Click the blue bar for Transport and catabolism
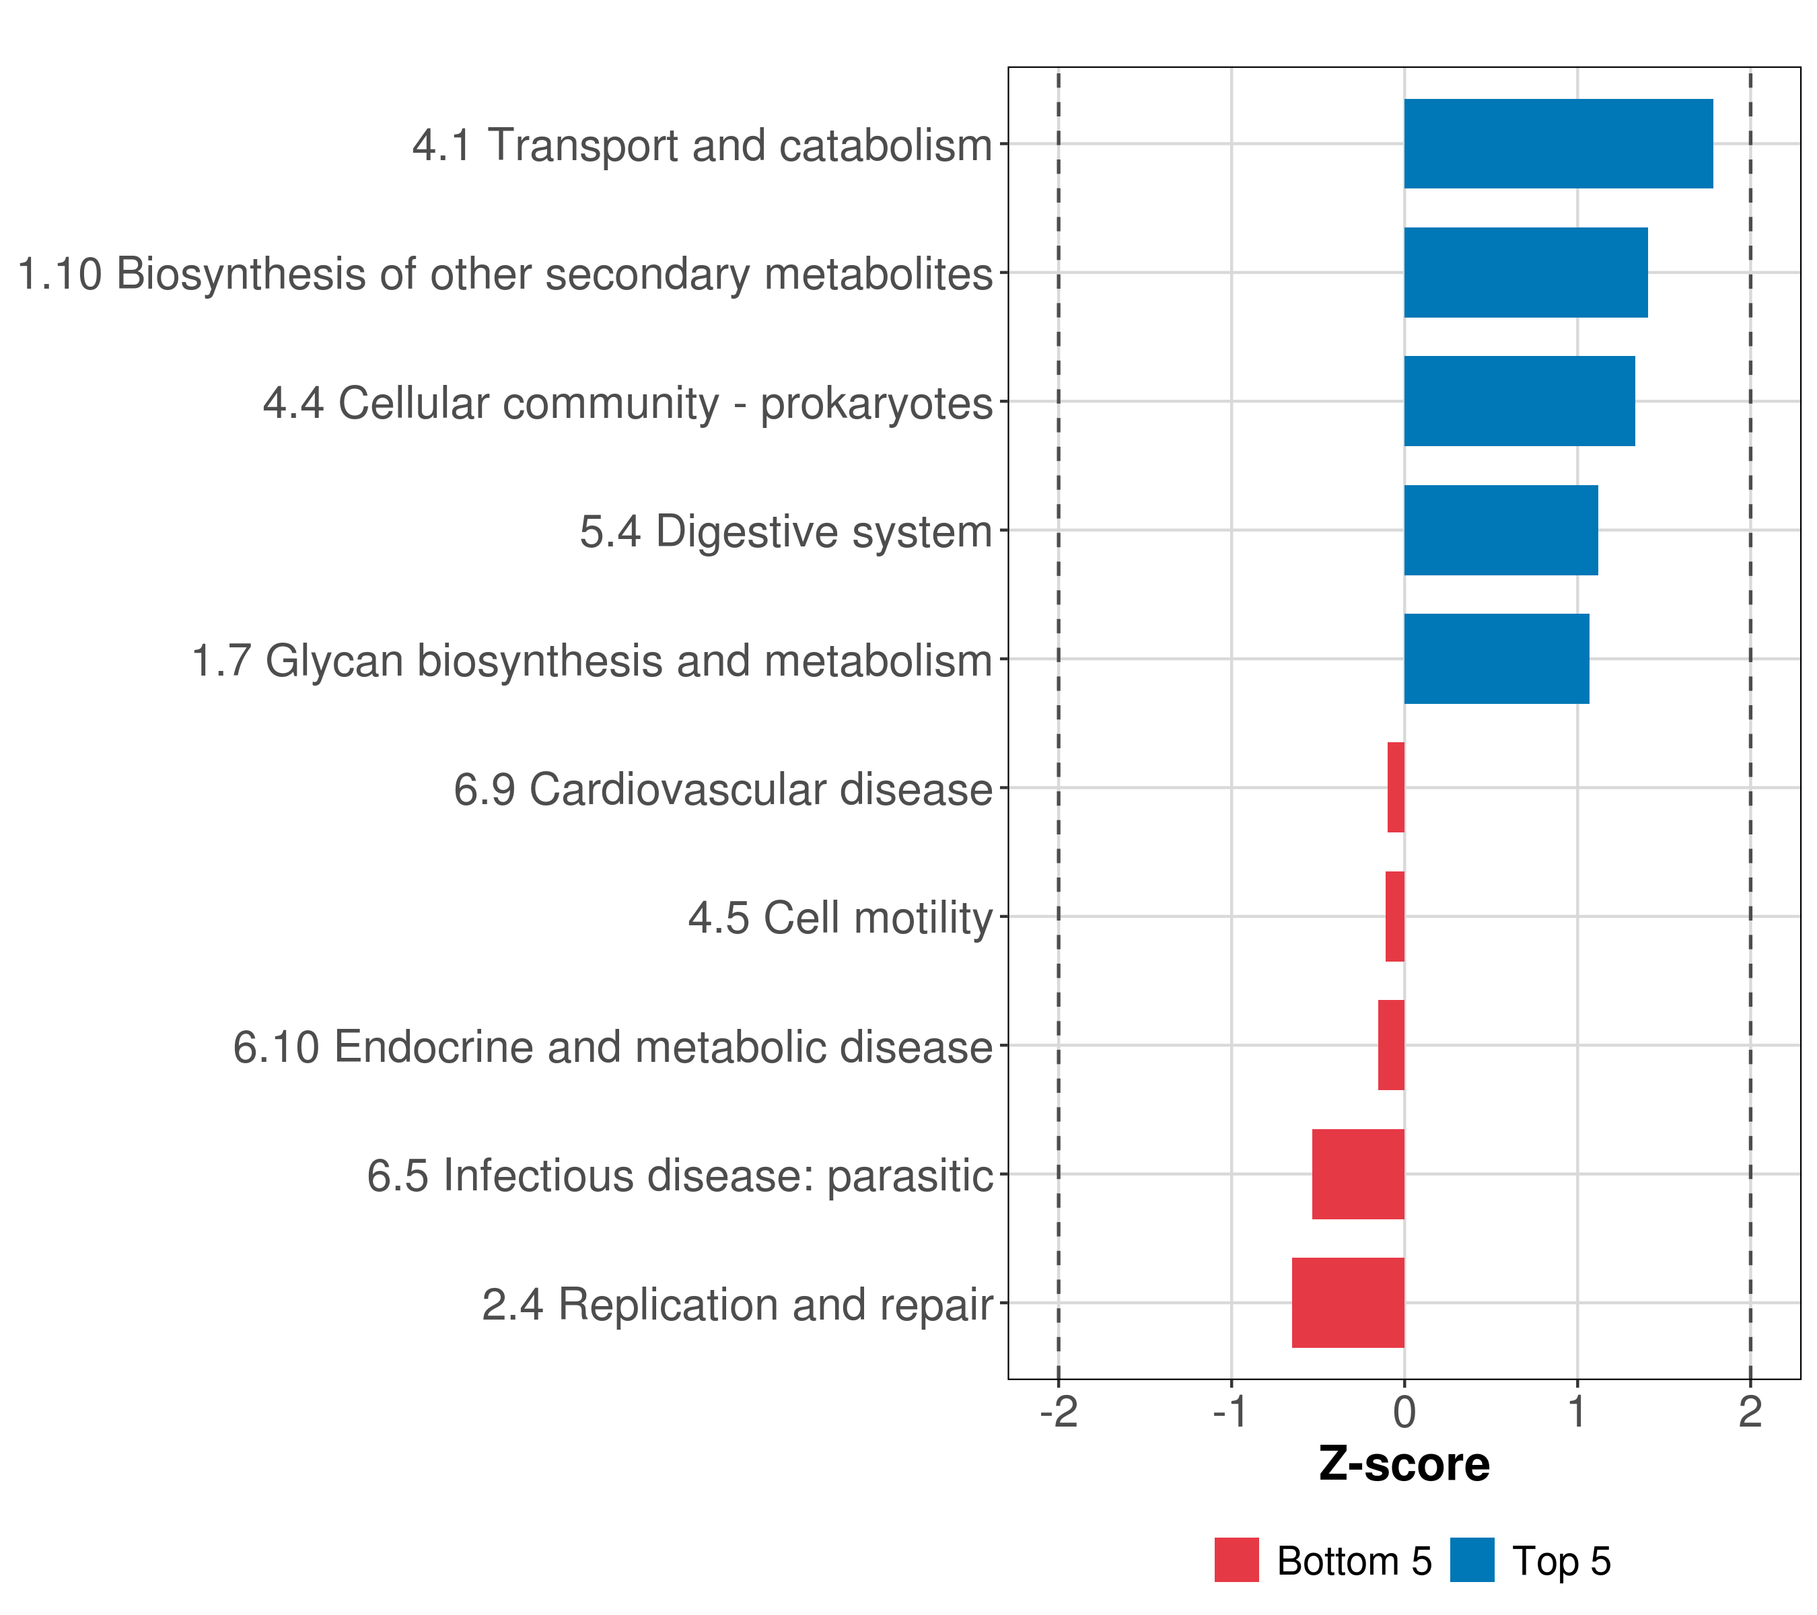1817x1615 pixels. [x=1559, y=144]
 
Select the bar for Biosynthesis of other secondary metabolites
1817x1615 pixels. [x=1526, y=273]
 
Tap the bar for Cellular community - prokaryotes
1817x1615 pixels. [x=1519, y=402]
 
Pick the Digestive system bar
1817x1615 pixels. [x=1501, y=531]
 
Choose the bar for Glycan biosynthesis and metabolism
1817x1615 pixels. [x=1496, y=659]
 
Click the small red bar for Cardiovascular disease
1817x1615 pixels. [x=1396, y=787]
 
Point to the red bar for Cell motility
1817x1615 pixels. [x=1395, y=917]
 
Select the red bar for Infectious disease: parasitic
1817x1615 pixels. [x=1358, y=1174]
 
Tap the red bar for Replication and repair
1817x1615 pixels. [x=1348, y=1303]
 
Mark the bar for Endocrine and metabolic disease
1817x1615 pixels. [x=1391, y=1045]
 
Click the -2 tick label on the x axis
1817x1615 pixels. [x=1059, y=1412]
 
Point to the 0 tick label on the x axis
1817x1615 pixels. [x=1404, y=1412]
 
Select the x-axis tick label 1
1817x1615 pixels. [x=1577, y=1412]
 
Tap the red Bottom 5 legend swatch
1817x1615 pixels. [x=1236, y=1560]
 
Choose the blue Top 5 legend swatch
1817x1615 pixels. [x=1472, y=1560]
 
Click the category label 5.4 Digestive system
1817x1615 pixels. [x=786, y=532]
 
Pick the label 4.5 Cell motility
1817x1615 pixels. [x=840, y=918]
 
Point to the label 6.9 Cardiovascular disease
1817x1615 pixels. [x=723, y=789]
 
